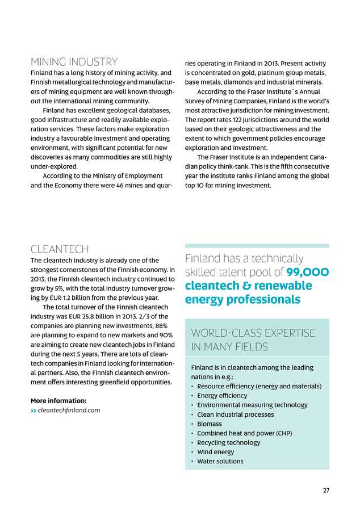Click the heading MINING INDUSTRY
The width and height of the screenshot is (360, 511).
(x=74, y=62)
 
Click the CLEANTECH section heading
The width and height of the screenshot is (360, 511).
(x=60, y=249)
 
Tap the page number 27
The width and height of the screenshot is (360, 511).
(x=326, y=491)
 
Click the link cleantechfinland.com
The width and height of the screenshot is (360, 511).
(x=69, y=410)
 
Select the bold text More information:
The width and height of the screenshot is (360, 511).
(x=58, y=400)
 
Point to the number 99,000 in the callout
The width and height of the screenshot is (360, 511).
(x=307, y=272)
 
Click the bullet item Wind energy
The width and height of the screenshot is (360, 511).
(x=215, y=452)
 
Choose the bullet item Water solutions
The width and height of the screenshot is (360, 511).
(x=220, y=461)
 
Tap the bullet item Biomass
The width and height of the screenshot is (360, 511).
(x=210, y=424)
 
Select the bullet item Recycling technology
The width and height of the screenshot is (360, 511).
(x=228, y=442)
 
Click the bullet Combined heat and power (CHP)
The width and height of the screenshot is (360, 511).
(x=244, y=433)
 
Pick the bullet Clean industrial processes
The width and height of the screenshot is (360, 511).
(x=235, y=414)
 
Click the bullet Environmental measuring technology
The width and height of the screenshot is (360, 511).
(x=252, y=405)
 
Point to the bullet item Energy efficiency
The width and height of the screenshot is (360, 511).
(x=222, y=396)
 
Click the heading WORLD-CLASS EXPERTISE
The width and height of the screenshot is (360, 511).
(x=253, y=333)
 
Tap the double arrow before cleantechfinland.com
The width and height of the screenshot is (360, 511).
(x=34, y=410)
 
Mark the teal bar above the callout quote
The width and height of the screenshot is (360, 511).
(x=257, y=246)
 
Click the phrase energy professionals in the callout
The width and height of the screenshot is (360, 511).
(x=242, y=299)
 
